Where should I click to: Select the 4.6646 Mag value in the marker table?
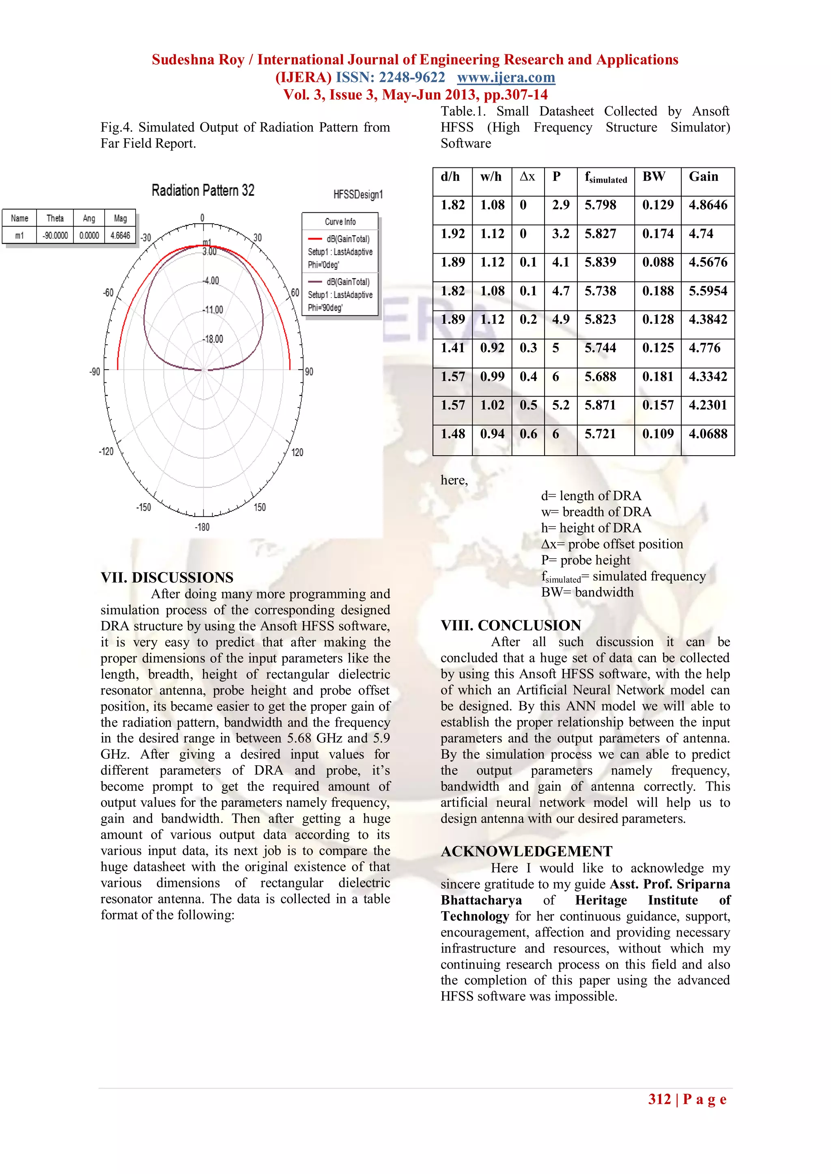(120, 235)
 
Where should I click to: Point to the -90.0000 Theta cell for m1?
(55, 235)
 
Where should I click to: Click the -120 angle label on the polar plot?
(106, 452)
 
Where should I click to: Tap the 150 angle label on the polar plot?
(260, 507)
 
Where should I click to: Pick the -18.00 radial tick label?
(213, 339)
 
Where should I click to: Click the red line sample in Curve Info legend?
(315, 239)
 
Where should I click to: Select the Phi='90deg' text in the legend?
(325, 308)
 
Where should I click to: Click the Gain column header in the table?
(704, 177)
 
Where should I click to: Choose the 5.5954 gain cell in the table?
(708, 291)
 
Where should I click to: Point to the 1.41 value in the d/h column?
(452, 348)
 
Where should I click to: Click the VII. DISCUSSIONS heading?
(167, 578)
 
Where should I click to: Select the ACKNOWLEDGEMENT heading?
(527, 851)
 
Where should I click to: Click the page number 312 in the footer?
(659, 1099)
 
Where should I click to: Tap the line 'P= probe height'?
(586, 560)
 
